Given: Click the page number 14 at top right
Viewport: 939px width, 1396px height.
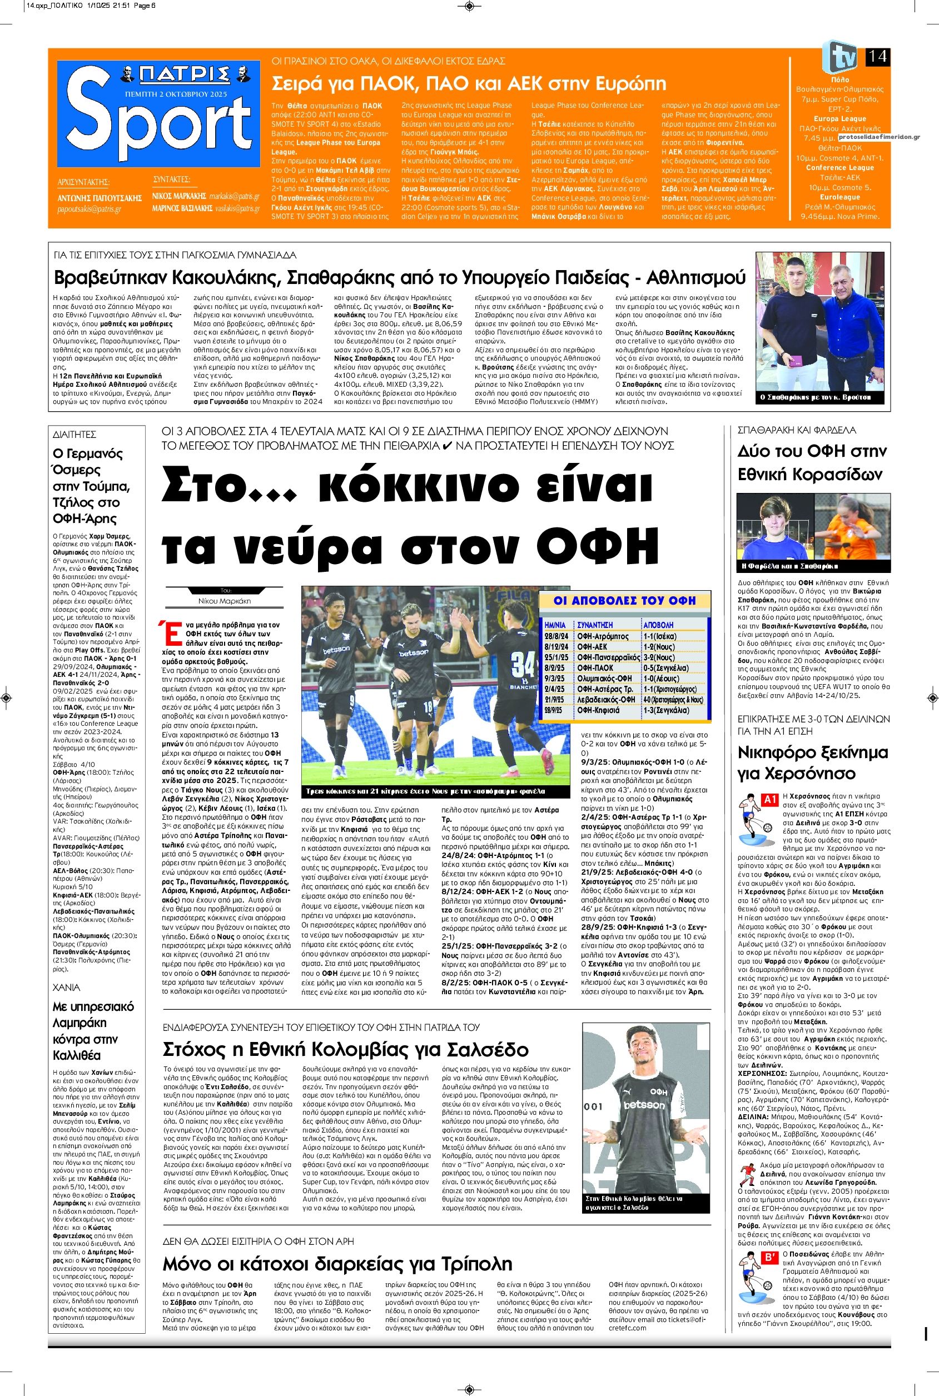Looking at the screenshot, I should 877,57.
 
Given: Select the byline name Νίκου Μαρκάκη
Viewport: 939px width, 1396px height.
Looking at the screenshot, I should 225,600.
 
